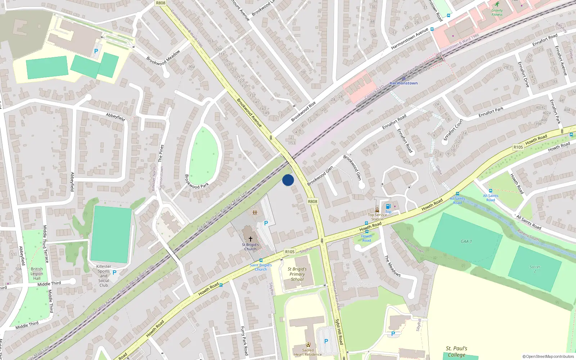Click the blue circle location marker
pos(288,180)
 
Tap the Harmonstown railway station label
pos(404,83)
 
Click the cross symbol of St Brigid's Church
pos(251,239)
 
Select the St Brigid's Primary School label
pos(297,274)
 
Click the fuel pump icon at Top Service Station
pos(388,206)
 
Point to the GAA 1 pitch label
pos(466,241)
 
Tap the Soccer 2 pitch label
pos(535,269)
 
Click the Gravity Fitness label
pos(497,12)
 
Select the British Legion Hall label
pos(37,274)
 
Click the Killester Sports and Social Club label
pos(104,276)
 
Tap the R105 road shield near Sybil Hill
pos(290,252)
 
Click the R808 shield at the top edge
pos(161,3)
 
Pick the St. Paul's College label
pos(456,351)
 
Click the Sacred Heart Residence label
pos(308,352)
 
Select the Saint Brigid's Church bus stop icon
pos(261,260)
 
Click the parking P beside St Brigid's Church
pos(266,223)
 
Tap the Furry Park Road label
pos(244,341)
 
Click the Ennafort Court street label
pos(453,130)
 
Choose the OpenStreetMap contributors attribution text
pos(548,356)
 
